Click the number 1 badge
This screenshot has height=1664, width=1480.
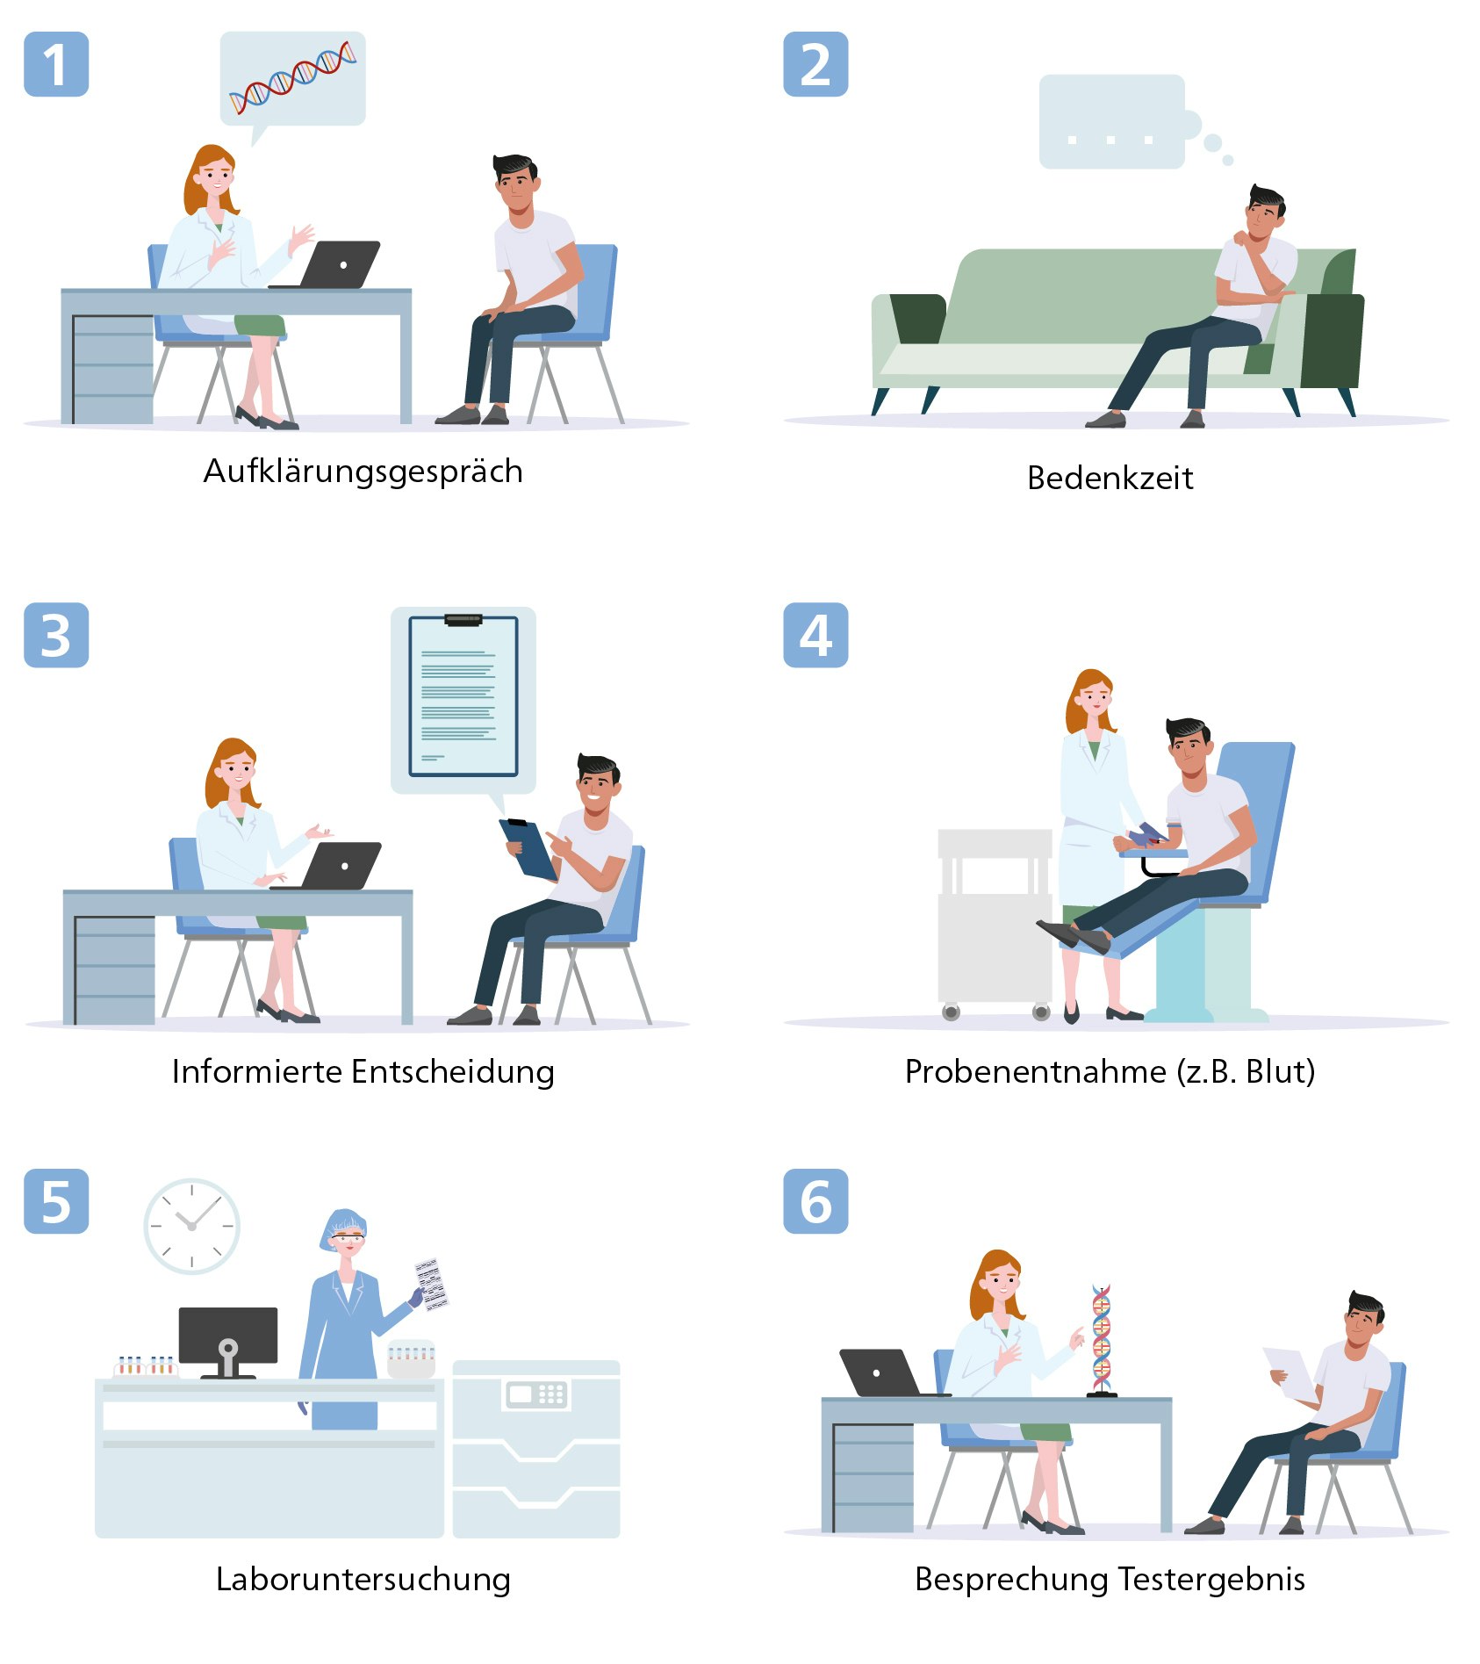56,64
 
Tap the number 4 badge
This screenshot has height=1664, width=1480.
815,635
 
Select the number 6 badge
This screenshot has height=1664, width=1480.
815,1201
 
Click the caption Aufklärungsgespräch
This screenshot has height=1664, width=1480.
363,472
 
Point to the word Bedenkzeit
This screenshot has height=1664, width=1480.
1110,479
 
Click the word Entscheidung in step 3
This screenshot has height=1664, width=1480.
453,1072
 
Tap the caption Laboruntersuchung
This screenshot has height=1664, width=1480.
363,1580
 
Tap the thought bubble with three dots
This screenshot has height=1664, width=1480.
1111,122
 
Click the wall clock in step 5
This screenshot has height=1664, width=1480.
191,1226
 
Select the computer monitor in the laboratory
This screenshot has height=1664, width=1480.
228,1336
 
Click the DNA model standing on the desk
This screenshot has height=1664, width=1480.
1102,1339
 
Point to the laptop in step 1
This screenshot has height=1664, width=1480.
338,264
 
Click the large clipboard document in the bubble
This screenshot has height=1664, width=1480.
463,696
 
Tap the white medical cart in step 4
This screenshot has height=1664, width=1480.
995,922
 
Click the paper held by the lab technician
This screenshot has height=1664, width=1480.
430,1284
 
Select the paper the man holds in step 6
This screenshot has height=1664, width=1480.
1289,1372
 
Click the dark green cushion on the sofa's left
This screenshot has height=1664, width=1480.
918,318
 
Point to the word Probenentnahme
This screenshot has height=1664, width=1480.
1035,1072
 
